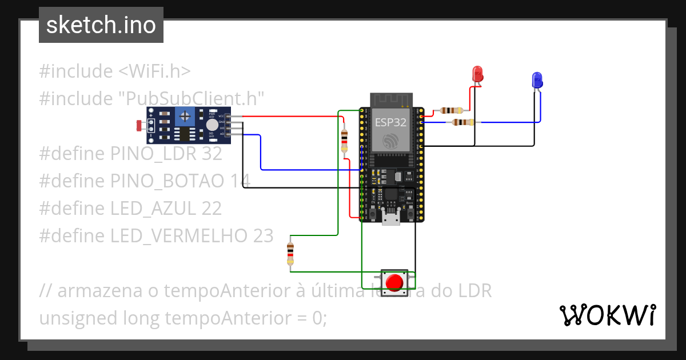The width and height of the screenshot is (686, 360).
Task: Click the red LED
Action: click(x=477, y=74)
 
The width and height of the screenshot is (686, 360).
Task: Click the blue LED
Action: click(x=537, y=80)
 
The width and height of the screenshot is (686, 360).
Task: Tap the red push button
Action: click(x=395, y=282)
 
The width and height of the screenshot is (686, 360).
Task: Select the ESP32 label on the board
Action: click(x=390, y=122)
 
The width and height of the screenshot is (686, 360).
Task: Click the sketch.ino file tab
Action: click(x=101, y=25)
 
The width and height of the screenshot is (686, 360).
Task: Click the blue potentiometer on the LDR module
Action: click(x=185, y=117)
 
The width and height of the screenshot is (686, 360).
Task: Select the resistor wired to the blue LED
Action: click(x=462, y=122)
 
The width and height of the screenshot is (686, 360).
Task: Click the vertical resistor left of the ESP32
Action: click(x=344, y=139)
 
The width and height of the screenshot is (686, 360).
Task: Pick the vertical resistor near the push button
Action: click(x=290, y=253)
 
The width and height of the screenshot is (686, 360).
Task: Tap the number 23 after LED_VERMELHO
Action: click(x=262, y=235)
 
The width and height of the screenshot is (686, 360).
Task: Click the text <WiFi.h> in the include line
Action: click(x=154, y=71)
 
